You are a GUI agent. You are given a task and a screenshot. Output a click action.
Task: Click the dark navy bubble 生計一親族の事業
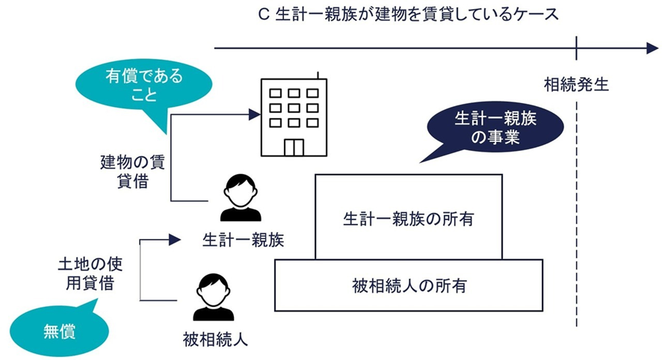tap(486, 128)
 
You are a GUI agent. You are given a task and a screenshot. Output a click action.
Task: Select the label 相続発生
tap(576, 84)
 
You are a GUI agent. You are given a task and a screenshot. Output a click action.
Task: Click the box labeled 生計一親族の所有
tap(409, 220)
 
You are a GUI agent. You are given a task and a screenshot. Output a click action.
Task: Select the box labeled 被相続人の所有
tap(409, 285)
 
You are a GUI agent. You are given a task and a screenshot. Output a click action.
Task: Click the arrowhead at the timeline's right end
tap(652, 49)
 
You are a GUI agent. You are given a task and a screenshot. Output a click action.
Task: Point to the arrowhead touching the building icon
tap(254, 114)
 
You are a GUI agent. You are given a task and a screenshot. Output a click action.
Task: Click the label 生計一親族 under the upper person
tap(240, 239)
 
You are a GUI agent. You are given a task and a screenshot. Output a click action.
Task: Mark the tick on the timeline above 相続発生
tap(577, 49)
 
